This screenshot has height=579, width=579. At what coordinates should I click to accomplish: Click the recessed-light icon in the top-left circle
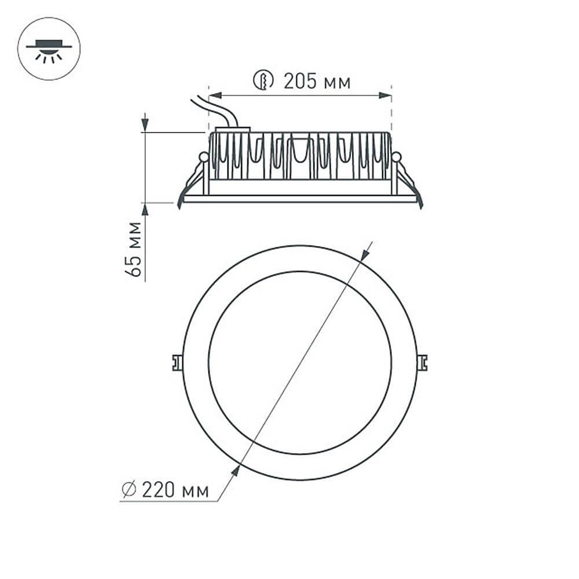[49, 49]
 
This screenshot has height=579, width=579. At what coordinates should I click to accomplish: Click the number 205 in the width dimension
[299, 82]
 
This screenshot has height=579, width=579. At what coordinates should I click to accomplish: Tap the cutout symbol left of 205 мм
[263, 80]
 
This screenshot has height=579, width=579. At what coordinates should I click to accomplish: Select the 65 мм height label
[134, 249]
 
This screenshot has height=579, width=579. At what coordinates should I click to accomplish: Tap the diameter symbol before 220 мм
[129, 490]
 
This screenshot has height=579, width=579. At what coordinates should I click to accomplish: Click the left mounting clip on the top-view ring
[177, 362]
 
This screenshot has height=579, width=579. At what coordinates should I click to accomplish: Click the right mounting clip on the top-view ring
[423, 362]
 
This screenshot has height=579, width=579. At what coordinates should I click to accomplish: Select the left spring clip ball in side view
[203, 156]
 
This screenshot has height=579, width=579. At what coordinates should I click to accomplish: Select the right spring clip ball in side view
[396, 156]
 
